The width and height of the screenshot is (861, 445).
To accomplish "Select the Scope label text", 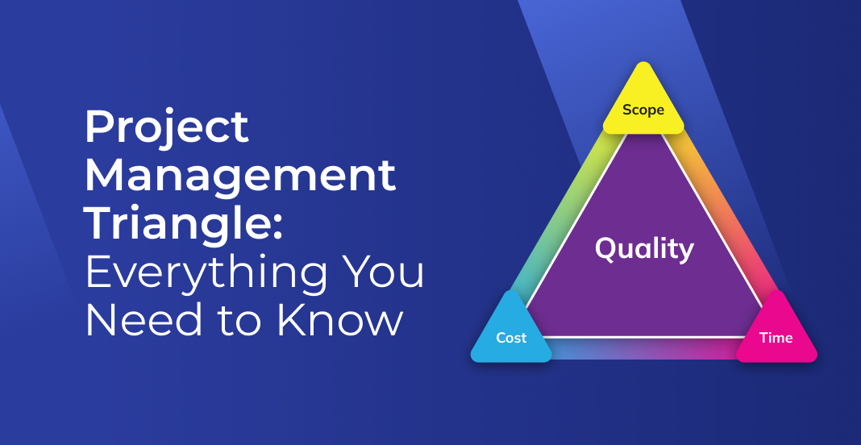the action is [x=643, y=110].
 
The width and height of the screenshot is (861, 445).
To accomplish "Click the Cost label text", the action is [x=511, y=338].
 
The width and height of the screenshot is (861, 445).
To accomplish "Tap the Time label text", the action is [x=776, y=338].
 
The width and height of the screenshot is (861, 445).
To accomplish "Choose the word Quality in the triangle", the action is [x=644, y=249].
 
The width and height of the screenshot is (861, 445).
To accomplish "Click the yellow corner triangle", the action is [x=643, y=103].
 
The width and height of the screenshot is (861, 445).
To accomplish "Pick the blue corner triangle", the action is [x=511, y=331].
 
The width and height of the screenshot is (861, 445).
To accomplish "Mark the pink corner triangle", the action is [x=776, y=331].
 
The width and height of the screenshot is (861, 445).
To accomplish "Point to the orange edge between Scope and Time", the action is [x=720, y=216].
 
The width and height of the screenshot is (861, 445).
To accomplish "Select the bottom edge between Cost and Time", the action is [x=643, y=348].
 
